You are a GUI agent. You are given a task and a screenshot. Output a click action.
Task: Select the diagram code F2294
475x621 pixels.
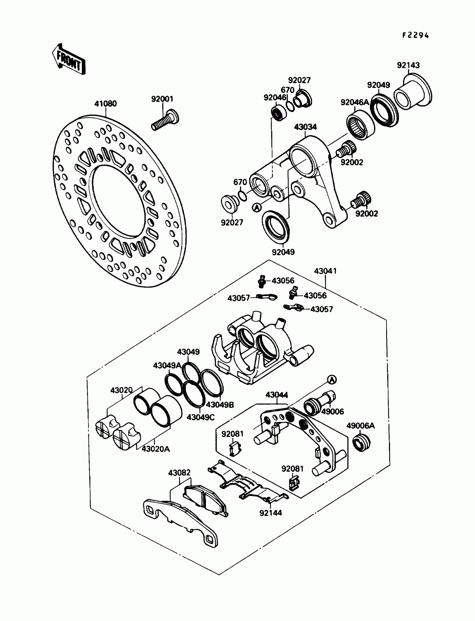415,35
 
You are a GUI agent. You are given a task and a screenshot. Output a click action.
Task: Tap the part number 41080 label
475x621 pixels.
105,104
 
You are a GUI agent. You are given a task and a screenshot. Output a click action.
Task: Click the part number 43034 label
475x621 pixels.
305,127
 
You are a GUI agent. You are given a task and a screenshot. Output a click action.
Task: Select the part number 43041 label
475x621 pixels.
326,271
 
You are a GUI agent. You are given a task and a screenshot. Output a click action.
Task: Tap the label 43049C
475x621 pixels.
201,417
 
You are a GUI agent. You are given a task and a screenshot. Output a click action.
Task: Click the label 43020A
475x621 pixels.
156,449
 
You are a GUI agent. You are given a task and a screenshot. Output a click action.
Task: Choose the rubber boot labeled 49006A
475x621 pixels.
361,444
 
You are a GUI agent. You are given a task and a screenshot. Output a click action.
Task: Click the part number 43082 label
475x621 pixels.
179,473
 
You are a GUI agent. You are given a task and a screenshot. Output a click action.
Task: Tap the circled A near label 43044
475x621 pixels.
332,380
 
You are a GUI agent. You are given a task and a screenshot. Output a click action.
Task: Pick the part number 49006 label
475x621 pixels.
332,411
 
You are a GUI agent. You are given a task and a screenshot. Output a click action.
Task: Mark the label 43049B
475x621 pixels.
220,405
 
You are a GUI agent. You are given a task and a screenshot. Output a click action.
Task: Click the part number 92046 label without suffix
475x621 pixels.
275,97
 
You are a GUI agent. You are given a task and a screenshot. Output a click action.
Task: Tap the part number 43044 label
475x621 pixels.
277,395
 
